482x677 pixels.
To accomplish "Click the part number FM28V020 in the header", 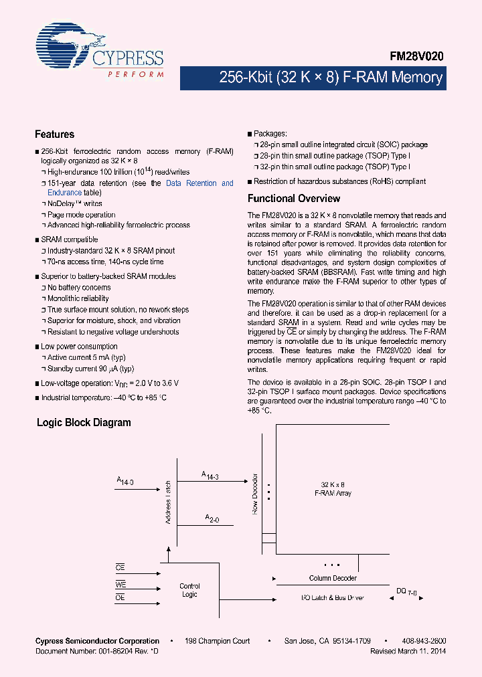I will click(417, 58).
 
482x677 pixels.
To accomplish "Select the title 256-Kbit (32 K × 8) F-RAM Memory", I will click(331, 78).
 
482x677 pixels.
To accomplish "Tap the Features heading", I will click(54, 134).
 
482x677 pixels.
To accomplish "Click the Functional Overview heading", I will click(294, 199).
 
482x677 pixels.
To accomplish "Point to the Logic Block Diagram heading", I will click(84, 423).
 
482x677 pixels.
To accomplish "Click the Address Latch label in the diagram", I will click(168, 502).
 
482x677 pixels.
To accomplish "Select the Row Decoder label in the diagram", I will click(254, 494).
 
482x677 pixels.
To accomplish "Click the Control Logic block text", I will click(189, 590).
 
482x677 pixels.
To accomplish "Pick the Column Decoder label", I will click(333, 578).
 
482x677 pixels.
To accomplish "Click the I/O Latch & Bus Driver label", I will click(332, 597).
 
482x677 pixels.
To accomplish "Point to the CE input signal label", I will click(120, 567).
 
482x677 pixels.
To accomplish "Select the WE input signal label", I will click(120, 584).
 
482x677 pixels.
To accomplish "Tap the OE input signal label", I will click(120, 597).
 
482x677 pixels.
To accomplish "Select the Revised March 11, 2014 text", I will click(408, 651).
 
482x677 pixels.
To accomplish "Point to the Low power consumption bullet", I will click(79, 347).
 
